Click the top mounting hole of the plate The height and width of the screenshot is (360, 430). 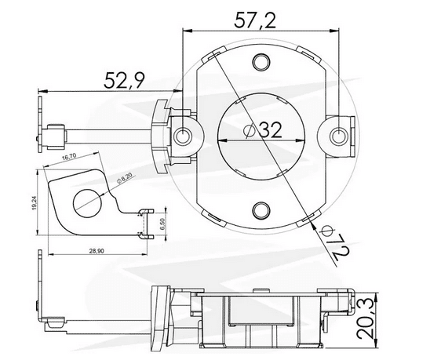pyautogui.click(x=261, y=60)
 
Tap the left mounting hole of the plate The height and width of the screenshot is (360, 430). pyautogui.click(x=185, y=135)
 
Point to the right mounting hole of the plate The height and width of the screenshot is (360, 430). pyautogui.click(x=338, y=135)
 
